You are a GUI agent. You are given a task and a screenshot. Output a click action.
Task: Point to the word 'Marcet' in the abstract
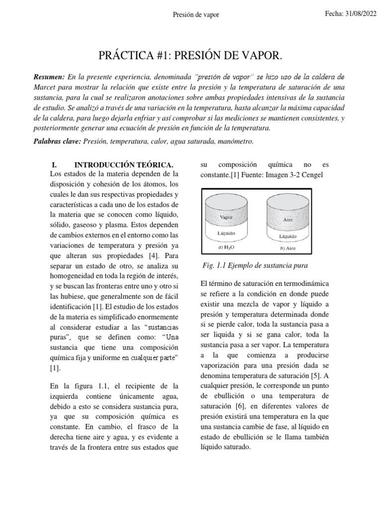(44, 88)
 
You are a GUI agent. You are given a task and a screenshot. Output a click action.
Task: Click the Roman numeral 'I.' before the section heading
(55, 165)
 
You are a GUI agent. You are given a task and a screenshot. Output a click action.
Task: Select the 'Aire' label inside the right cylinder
(288, 219)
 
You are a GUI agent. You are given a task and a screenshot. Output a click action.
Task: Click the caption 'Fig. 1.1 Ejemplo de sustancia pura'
(255, 265)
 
